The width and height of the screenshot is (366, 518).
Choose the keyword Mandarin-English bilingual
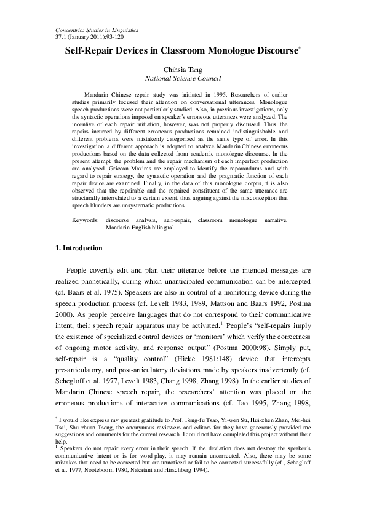click(x=140, y=227)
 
